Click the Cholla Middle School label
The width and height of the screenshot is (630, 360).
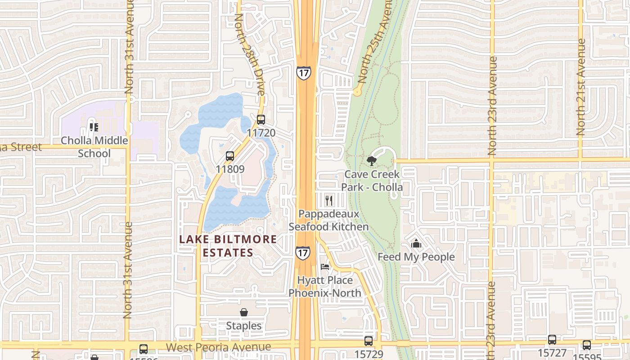pyautogui.click(x=94, y=147)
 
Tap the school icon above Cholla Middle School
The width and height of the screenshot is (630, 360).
pyautogui.click(x=94, y=127)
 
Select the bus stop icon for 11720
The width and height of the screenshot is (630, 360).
pyautogui.click(x=261, y=120)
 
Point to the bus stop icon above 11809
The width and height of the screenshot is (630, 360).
pyautogui.click(x=230, y=156)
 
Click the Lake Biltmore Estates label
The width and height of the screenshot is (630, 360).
pyautogui.click(x=228, y=246)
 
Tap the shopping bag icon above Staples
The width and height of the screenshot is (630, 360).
pyautogui.click(x=243, y=312)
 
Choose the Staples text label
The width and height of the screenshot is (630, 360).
pyautogui.click(x=243, y=326)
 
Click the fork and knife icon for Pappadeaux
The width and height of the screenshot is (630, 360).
pyautogui.click(x=329, y=200)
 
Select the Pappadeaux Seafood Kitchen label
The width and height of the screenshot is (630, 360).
pyautogui.click(x=328, y=220)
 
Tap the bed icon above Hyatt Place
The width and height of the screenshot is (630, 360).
pyautogui.click(x=325, y=266)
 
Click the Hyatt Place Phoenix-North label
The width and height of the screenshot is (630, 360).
pyautogui.click(x=325, y=287)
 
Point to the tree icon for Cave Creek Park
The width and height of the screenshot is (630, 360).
pyautogui.click(x=371, y=161)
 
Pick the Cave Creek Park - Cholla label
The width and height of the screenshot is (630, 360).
pyautogui.click(x=372, y=180)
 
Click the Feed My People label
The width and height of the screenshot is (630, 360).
pyautogui.click(x=416, y=257)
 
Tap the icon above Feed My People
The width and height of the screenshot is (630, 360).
pyautogui.click(x=416, y=243)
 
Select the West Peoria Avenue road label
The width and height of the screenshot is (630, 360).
pyautogui.click(x=219, y=347)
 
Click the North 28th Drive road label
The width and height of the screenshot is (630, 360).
pyautogui.click(x=249, y=54)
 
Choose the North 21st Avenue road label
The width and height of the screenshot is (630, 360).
pyautogui.click(x=581, y=88)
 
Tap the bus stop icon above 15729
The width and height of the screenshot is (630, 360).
pyautogui.click(x=369, y=341)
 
